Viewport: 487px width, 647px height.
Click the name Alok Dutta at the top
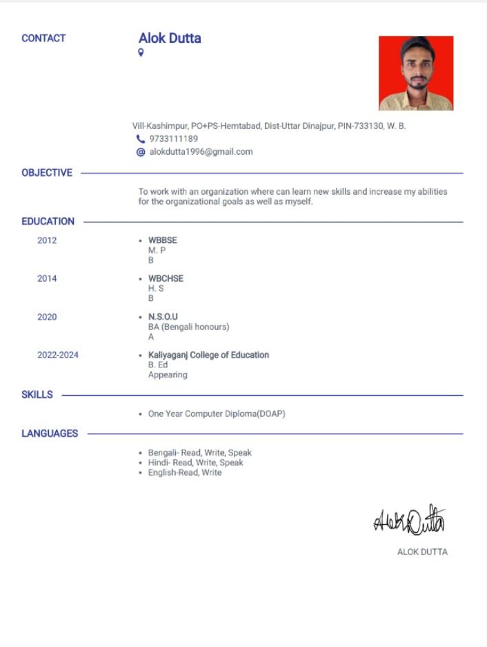[x=170, y=38]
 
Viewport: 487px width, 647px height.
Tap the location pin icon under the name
[x=141, y=53]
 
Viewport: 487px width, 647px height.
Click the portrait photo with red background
[x=416, y=73]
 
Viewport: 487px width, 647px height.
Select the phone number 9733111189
[x=173, y=139]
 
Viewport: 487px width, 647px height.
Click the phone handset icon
[x=141, y=139]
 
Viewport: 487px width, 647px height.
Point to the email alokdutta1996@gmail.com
[x=201, y=152]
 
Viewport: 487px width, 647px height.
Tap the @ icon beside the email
[x=141, y=152]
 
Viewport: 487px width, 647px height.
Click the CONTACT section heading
[x=43, y=39]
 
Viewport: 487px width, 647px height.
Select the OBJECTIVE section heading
[x=47, y=173]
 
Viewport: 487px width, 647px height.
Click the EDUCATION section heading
[x=48, y=222]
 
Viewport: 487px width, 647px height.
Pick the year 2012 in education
[x=47, y=240]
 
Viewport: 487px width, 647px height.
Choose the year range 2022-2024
[x=58, y=355]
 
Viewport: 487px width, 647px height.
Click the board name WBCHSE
[x=166, y=278]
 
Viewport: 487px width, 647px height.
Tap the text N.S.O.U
[x=163, y=317]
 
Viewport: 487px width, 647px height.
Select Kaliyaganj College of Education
[x=208, y=355]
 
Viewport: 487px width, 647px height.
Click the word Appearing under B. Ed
[x=168, y=375]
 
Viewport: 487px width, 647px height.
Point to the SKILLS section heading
[x=37, y=395]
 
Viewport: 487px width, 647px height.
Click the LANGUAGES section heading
[x=50, y=434]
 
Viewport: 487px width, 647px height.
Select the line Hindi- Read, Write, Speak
[x=195, y=463]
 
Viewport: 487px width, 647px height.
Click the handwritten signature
[x=410, y=521]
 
